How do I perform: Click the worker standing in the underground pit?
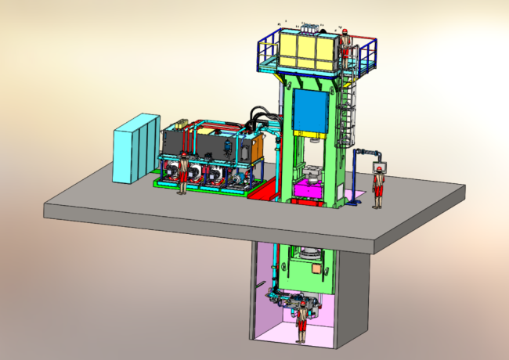[300, 322]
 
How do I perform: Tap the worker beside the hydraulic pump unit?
[183, 174]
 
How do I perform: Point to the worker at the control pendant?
[378, 185]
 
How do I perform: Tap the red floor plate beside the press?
[262, 190]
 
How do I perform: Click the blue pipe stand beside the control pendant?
[359, 176]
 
